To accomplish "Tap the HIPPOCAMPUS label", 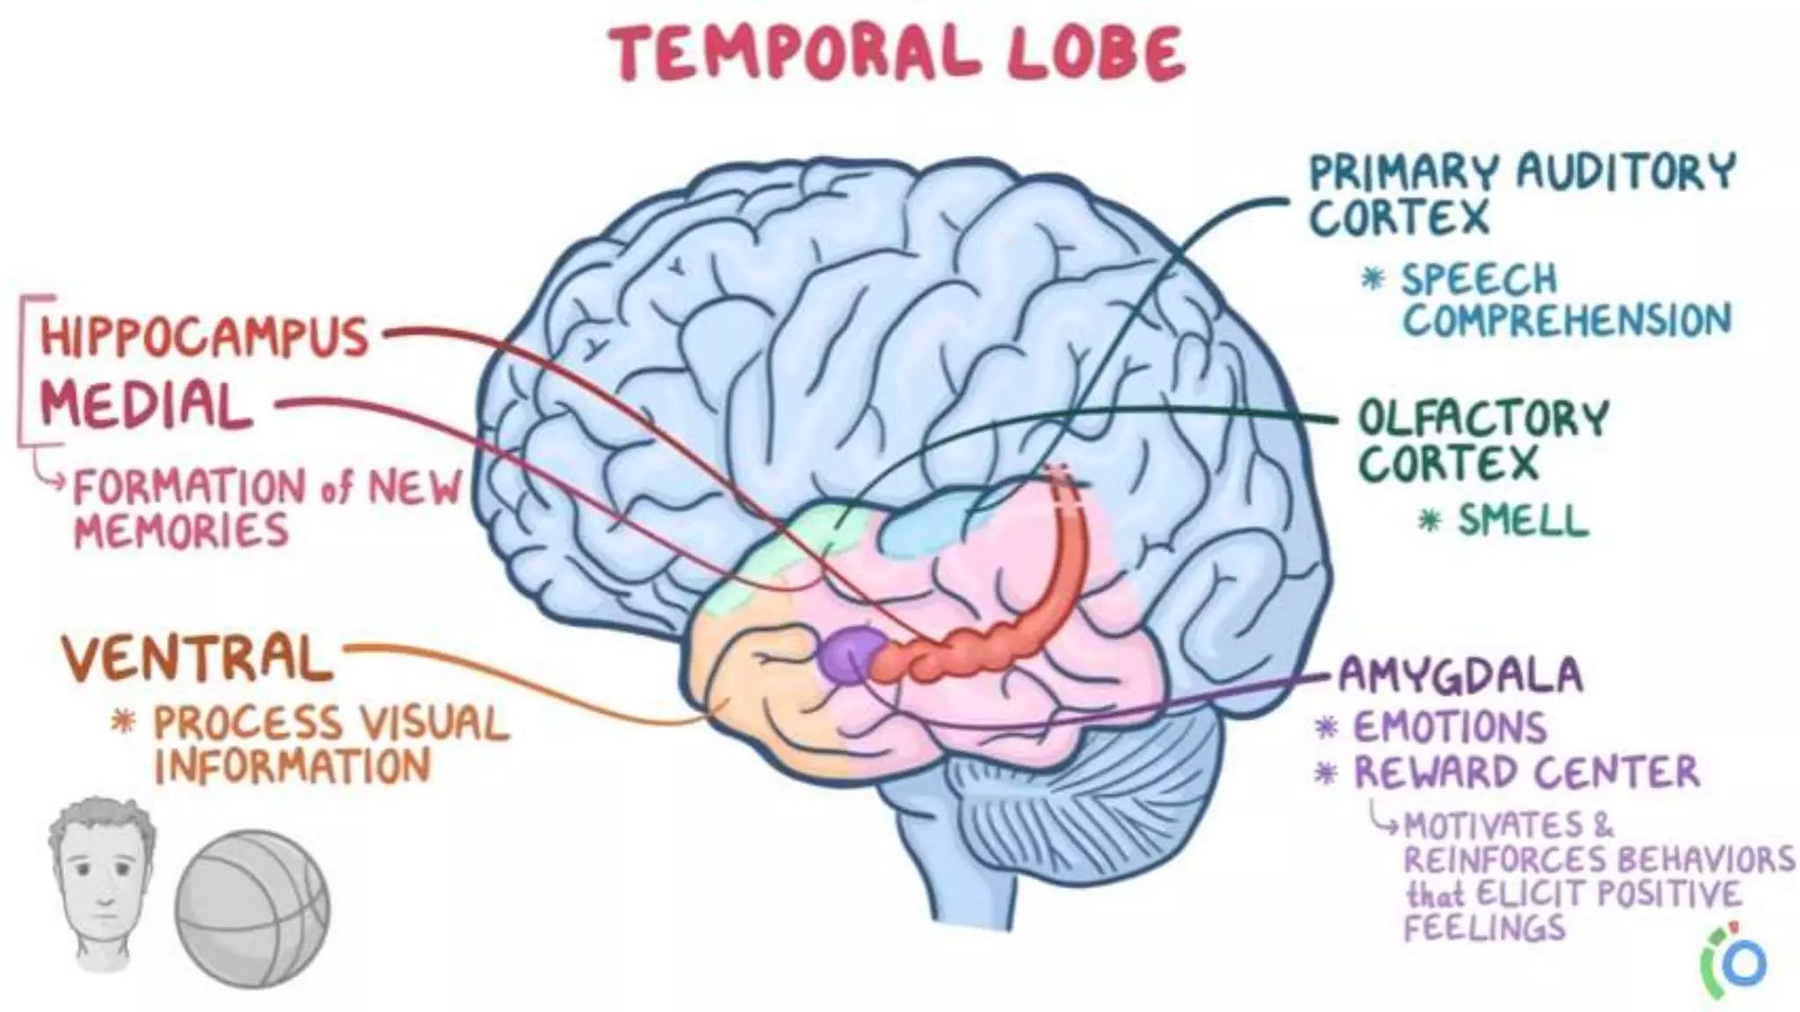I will coord(204,336).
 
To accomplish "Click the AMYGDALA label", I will coord(1460,676).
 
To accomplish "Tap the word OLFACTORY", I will coord(1484,419).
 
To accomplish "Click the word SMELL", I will coord(1523,521).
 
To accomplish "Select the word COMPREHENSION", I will coord(1566,321).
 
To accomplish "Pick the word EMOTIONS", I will coord(1449,727).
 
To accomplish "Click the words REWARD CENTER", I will coord(1526,772).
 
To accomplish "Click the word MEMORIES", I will coord(181,531).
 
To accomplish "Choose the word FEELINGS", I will coord(1484,928).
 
